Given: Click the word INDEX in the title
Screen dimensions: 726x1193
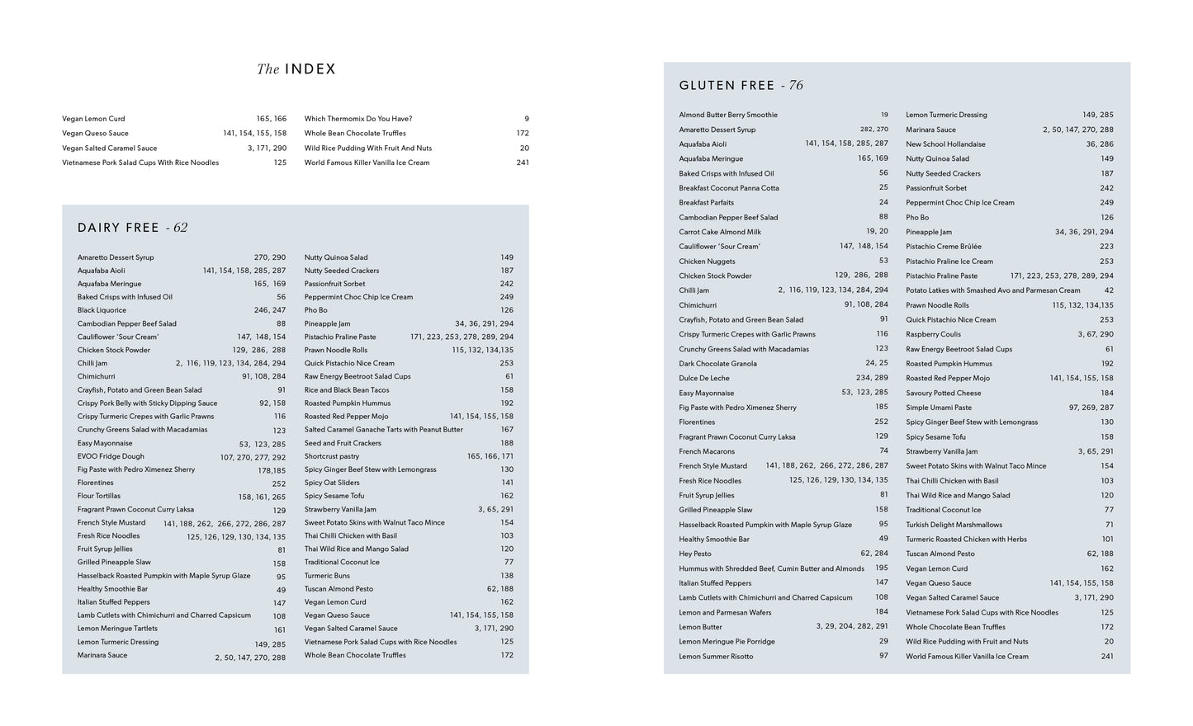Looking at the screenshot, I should [x=310, y=69].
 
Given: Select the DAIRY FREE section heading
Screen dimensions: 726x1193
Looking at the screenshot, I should [x=118, y=228].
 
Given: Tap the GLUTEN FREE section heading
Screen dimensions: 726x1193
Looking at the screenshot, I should [x=727, y=85].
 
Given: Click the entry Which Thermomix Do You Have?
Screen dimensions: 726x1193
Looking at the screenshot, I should [x=358, y=119].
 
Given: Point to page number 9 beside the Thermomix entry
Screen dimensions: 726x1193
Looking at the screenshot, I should [x=526, y=119].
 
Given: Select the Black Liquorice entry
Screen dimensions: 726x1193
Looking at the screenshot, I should [x=102, y=310].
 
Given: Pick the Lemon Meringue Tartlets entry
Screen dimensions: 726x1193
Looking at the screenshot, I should [x=117, y=629].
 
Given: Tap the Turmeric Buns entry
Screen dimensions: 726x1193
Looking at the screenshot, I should [x=327, y=576].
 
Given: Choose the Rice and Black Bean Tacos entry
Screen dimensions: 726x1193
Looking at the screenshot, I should [x=346, y=390].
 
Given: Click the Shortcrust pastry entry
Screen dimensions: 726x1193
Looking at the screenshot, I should [x=332, y=456].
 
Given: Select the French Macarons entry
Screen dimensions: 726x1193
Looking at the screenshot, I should [x=707, y=451].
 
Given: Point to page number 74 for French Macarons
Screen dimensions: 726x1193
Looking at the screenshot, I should [x=883, y=451].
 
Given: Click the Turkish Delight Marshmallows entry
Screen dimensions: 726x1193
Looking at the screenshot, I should [x=954, y=525].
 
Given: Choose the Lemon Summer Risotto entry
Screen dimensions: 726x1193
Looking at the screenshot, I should [x=716, y=657].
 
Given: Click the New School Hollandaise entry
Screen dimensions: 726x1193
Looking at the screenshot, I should [x=945, y=144].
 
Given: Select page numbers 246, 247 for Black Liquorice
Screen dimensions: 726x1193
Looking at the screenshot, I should [x=269, y=310].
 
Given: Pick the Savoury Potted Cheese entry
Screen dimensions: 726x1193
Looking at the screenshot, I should [x=944, y=393].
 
